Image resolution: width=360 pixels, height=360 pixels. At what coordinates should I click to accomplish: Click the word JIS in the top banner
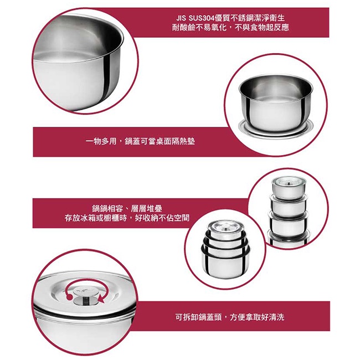pos(181,18)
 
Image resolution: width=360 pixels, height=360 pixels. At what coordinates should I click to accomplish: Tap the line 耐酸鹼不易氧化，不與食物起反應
pos(230,28)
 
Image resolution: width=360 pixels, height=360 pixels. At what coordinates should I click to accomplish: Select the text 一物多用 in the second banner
pos(101,141)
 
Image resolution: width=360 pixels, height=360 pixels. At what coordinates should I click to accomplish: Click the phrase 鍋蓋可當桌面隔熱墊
pos(160,141)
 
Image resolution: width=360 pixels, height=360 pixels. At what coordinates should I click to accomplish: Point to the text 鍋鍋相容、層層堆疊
pos(127,208)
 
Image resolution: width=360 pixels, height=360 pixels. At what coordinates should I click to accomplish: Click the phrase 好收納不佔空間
pos(162,218)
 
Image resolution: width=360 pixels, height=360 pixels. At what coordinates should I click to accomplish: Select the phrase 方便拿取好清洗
pos(257,317)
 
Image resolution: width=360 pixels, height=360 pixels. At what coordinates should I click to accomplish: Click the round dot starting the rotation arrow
pos(69,297)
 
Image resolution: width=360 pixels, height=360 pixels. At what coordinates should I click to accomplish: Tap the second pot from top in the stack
pos(289,205)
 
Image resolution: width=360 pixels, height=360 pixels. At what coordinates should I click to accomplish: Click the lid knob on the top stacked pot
pos(288,183)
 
